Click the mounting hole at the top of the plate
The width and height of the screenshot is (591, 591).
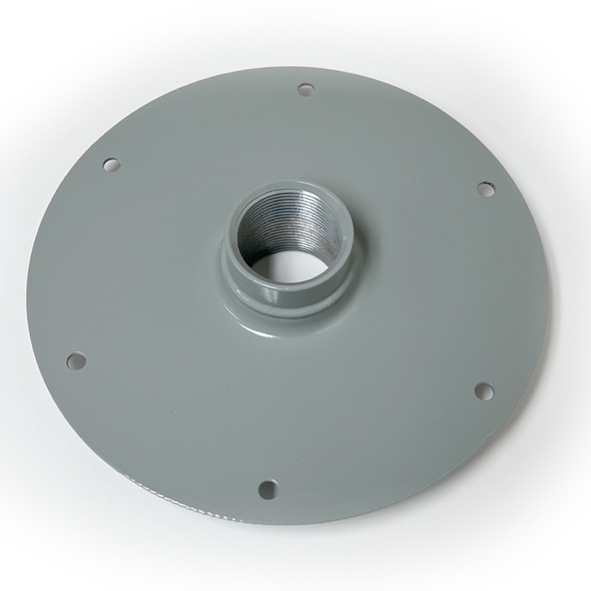click(x=305, y=89)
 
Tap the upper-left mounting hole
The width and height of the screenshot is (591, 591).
click(x=112, y=164)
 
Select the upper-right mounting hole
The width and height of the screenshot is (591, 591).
click(x=485, y=189)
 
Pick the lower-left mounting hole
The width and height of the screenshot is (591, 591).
click(x=77, y=361)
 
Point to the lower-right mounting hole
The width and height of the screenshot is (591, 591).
click(x=484, y=391)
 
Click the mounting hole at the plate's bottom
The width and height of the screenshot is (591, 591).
click(x=267, y=489)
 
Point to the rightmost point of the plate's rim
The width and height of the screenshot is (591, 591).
click(x=548, y=289)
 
